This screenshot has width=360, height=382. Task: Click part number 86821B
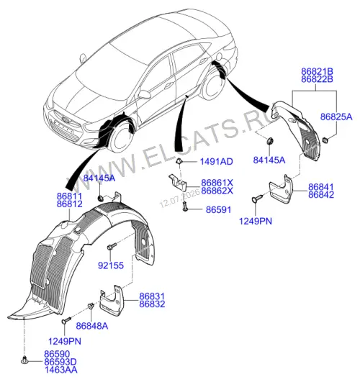(317, 71)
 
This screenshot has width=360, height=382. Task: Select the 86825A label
(336, 117)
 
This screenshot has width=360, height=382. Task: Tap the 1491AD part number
(216, 162)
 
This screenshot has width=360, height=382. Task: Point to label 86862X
(217, 191)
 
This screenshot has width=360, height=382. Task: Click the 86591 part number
(218, 210)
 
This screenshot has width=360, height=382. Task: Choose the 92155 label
(111, 265)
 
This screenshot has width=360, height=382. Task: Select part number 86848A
(91, 326)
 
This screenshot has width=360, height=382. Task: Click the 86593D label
(60, 362)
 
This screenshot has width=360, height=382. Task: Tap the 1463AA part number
(60, 370)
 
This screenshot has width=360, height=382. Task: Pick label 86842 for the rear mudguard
(321, 195)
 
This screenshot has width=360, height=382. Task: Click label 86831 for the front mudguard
(152, 296)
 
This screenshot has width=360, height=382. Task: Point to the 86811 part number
(70, 196)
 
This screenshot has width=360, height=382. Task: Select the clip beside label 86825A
(325, 140)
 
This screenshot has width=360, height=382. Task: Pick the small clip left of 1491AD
(179, 161)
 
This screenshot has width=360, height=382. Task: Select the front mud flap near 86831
(112, 299)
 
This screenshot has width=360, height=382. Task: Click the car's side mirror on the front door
(144, 94)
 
